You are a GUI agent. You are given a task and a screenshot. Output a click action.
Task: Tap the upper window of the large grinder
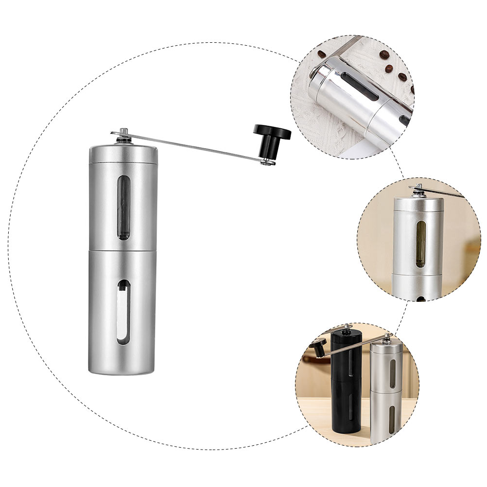click(124, 208)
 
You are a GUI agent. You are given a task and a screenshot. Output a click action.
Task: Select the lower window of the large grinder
click(124, 312)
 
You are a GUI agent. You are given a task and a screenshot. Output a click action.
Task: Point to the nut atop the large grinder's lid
click(123, 137)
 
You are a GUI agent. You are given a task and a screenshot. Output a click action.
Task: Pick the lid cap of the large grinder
click(123, 154)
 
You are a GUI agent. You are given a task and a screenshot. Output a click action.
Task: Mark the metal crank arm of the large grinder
click(194, 146)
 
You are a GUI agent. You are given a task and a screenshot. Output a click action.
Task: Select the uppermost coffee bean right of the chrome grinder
click(384, 54)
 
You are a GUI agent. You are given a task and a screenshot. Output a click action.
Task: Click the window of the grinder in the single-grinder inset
click(420, 244)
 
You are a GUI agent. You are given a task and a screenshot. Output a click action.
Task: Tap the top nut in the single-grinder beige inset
click(417, 191)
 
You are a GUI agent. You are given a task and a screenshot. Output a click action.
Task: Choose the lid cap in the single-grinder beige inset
click(418, 204)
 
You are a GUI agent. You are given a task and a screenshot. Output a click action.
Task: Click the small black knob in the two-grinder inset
click(318, 346)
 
